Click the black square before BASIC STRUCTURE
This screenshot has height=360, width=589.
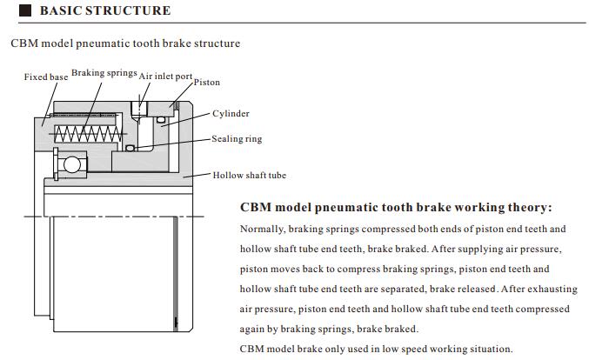(24, 11)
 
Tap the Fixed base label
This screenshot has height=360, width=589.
(45, 77)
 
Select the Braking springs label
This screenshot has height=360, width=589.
(104, 73)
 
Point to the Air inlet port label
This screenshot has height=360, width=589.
(165, 76)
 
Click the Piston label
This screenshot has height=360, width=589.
(207, 83)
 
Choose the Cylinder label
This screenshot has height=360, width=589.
(231, 113)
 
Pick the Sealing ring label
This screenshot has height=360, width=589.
(237, 138)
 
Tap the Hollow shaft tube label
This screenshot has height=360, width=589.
(249, 175)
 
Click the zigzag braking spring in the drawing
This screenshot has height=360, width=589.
(88, 135)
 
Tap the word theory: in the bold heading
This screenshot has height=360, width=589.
(523, 209)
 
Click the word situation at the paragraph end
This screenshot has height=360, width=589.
(488, 349)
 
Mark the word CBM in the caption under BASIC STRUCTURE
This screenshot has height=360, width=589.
(23, 43)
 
